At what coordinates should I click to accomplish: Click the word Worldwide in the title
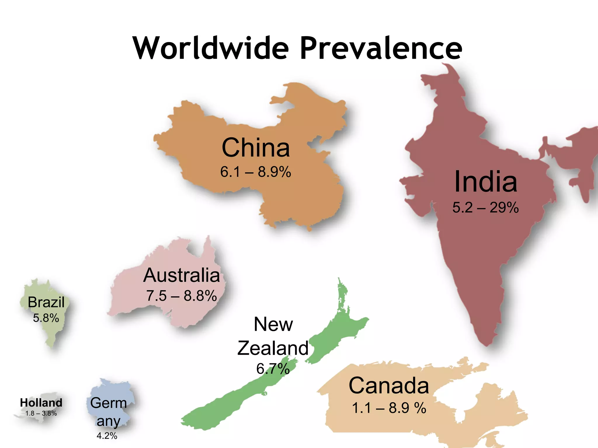point(211,48)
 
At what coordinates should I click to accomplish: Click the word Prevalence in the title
point(381,48)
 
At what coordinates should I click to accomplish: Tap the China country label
point(256,148)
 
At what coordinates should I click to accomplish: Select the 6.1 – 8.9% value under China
point(255,172)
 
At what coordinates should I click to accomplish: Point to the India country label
point(486,182)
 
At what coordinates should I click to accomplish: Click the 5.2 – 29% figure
point(486,208)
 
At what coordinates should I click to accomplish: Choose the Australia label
point(181,275)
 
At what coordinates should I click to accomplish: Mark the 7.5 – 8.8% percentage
point(181,296)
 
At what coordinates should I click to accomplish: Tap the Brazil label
point(46,302)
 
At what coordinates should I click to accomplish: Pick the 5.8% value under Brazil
point(46,318)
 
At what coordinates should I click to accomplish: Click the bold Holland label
point(41,403)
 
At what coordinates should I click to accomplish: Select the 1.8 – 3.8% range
point(41,413)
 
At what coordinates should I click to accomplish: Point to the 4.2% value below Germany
point(107,436)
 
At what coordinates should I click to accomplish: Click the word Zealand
point(273,348)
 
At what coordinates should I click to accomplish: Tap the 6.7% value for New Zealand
point(273,369)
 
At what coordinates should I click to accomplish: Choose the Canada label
point(389,386)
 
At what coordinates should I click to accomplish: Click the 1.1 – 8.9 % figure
point(389,408)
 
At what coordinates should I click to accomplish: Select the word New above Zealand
point(273,324)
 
